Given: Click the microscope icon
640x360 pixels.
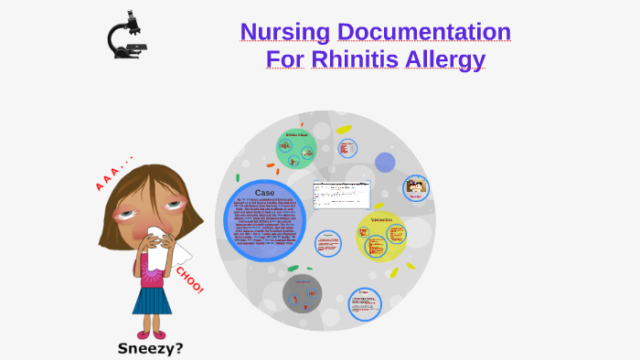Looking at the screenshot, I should tap(126, 36).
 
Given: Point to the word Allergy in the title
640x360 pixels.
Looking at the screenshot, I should tap(445, 60).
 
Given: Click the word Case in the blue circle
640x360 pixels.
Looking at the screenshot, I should tap(264, 193).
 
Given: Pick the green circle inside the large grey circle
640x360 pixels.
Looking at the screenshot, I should tap(295, 148).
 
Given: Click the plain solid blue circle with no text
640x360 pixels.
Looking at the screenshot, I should tap(385, 163).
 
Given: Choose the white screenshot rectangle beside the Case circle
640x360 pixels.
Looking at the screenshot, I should tap(340, 195).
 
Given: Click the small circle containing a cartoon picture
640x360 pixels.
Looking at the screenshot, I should tap(416, 188).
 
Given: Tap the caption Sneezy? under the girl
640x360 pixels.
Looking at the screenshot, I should tap(152, 348).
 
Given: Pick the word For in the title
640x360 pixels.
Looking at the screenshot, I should tap(281, 59).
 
